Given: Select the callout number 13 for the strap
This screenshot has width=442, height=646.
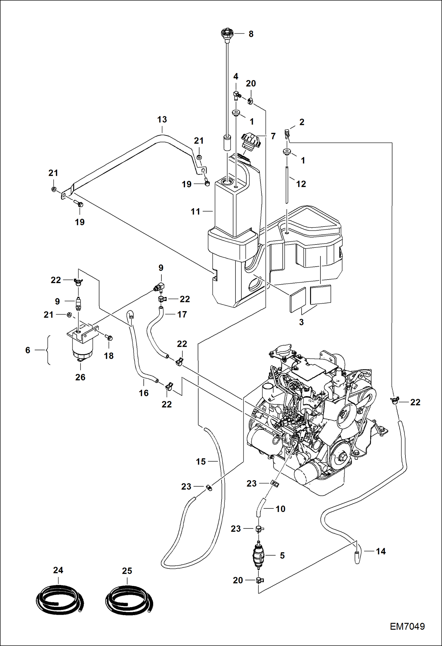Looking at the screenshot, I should pyautogui.click(x=162, y=120).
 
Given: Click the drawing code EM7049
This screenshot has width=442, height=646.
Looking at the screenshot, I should pyautogui.click(x=407, y=626).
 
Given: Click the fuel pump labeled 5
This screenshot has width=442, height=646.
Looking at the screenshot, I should pyautogui.click(x=258, y=555).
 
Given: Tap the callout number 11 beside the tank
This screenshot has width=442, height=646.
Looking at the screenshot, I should pyautogui.click(x=195, y=212).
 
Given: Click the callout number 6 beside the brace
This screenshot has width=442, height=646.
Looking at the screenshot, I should pyautogui.click(x=28, y=350).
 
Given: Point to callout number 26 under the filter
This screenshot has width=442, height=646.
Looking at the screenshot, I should pyautogui.click(x=80, y=377).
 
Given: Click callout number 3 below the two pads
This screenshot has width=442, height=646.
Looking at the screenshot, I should pyautogui.click(x=301, y=322).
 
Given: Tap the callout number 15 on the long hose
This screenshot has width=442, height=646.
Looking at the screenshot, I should pyautogui.click(x=201, y=462).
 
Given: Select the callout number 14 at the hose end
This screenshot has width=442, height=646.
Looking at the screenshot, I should pyautogui.click(x=381, y=551).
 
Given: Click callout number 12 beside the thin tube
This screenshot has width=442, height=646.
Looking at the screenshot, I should pyautogui.click(x=301, y=184).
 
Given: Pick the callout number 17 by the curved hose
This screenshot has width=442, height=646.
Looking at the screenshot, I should pyautogui.click(x=182, y=315).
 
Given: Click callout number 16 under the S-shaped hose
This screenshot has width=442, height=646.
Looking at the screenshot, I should pyautogui.click(x=144, y=393).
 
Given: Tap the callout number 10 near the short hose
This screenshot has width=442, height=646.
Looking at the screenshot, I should pyautogui.click(x=280, y=509).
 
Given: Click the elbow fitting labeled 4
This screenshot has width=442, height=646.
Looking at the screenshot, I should pyautogui.click(x=236, y=95).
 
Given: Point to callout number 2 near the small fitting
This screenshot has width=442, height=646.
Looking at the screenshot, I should pyautogui.click(x=302, y=122).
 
